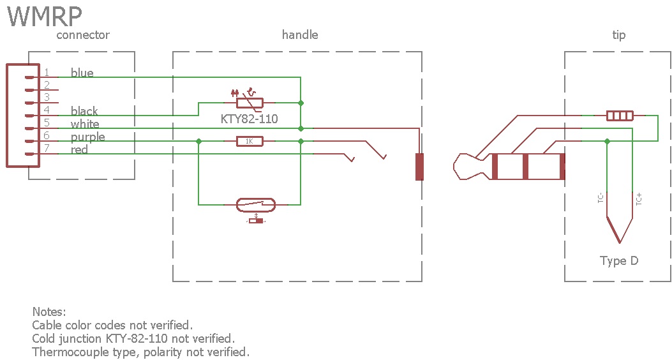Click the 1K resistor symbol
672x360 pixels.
click(249, 141)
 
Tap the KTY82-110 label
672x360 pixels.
click(249, 119)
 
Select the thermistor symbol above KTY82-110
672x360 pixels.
click(250, 102)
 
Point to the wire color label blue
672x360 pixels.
click(82, 73)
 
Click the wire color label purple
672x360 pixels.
click(87, 137)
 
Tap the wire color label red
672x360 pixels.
click(79, 149)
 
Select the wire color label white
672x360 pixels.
click(85, 124)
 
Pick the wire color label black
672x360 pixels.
click(84, 111)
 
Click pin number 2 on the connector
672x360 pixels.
click(47, 85)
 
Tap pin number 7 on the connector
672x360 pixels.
click(47, 149)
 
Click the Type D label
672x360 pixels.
click(618, 260)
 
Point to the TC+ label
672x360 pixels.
click(639, 199)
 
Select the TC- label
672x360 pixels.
click(601, 199)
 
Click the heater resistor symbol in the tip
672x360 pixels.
click(619, 116)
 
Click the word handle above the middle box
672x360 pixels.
click(300, 34)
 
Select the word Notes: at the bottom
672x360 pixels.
click(49, 312)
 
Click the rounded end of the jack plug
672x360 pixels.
click(461, 167)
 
